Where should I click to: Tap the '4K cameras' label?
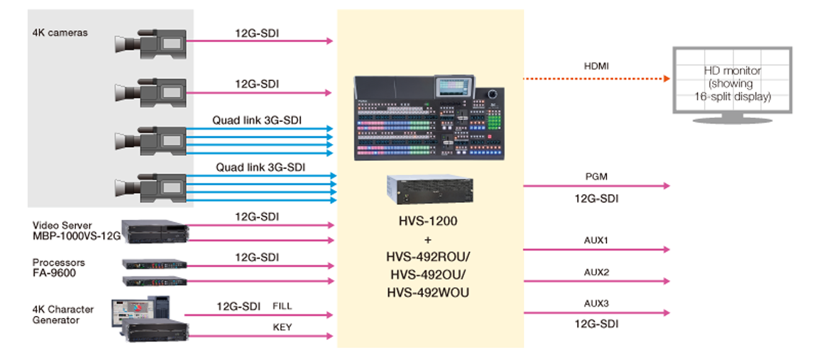point(60,33)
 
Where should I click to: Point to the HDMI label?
point(596,66)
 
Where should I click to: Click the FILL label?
point(283,307)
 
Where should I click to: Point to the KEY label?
point(283,327)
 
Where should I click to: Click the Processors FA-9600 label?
point(59,268)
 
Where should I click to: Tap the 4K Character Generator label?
point(63,315)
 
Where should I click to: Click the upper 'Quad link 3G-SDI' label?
point(254,119)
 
